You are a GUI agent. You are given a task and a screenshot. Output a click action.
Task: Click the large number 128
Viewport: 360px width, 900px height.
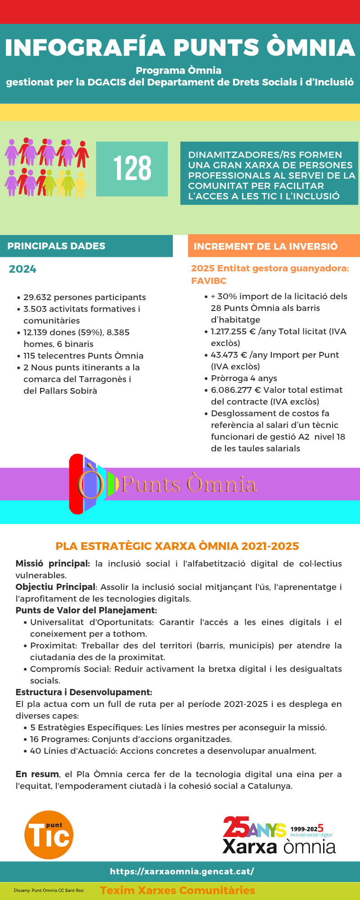click(132, 169)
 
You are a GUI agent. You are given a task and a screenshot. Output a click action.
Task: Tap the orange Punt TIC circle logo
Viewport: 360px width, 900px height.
click(49, 835)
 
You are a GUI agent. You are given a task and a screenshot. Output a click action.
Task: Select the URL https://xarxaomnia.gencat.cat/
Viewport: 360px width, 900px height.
click(182, 871)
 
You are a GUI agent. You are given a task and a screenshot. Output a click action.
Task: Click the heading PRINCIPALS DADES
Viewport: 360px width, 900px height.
click(56, 246)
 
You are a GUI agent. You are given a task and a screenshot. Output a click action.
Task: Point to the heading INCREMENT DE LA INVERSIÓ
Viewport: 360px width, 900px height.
click(265, 247)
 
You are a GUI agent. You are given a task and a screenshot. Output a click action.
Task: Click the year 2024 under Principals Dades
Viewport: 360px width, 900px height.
click(22, 269)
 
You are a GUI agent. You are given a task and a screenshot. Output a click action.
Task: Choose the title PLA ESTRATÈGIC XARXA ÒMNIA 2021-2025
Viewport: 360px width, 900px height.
click(177, 546)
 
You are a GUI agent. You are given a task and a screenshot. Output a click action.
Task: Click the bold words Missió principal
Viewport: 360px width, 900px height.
click(53, 564)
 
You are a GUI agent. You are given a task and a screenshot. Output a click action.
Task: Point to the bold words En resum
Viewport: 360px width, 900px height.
click(37, 774)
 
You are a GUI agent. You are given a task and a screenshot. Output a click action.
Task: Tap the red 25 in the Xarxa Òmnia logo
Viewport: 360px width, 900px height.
click(236, 827)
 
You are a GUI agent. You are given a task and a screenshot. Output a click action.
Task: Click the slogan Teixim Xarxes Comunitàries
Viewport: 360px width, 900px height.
click(177, 891)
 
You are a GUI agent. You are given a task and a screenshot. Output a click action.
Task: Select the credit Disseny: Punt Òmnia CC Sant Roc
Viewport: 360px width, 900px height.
click(49, 891)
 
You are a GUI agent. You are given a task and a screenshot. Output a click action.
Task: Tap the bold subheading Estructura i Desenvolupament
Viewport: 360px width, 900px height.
click(84, 693)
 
